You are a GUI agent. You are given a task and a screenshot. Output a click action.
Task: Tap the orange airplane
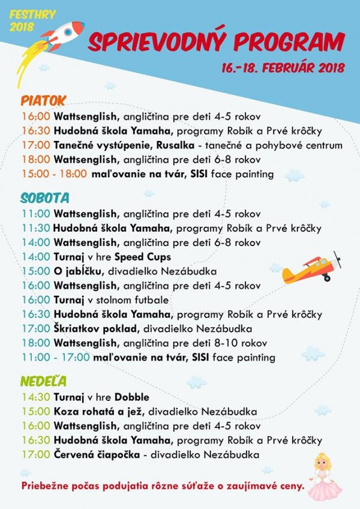pos(312,270)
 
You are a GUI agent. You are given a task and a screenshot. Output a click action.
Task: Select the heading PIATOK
pos(43,100)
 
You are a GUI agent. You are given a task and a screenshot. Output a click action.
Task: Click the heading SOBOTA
pos(45,197)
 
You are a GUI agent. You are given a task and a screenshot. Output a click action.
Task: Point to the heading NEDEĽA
pos(43,381)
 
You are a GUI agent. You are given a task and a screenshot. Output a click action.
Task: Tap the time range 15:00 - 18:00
pos(55,174)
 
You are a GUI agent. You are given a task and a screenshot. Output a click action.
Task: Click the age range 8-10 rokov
pos(242,343)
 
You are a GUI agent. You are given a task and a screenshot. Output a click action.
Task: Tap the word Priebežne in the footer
pos(46,485)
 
